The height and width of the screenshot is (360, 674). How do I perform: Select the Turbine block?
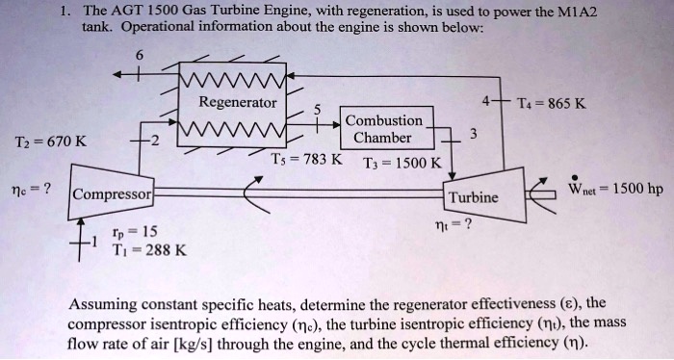coord(473,197)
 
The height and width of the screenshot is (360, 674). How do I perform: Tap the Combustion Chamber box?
coord(383,129)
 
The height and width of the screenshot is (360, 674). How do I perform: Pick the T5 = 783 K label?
coord(306,159)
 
